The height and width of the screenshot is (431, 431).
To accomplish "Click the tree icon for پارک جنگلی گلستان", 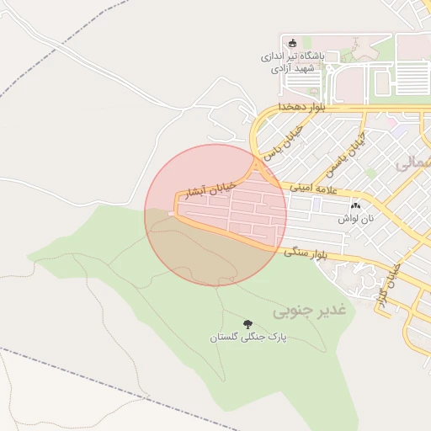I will tap(247, 324).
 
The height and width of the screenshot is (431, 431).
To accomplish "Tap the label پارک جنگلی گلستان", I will tap(248, 338).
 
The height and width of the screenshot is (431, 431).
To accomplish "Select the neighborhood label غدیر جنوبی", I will tap(310, 311).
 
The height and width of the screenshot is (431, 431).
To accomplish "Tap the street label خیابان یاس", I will tap(281, 146).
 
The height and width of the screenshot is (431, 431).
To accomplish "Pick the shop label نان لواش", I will tap(355, 218).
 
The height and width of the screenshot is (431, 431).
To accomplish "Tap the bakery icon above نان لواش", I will tap(354, 205).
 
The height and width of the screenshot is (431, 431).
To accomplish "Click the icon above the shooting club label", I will tap(292, 45).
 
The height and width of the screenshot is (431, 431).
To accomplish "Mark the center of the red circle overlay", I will tap(215, 215).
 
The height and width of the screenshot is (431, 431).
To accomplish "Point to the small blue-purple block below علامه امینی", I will tap(316, 204).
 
